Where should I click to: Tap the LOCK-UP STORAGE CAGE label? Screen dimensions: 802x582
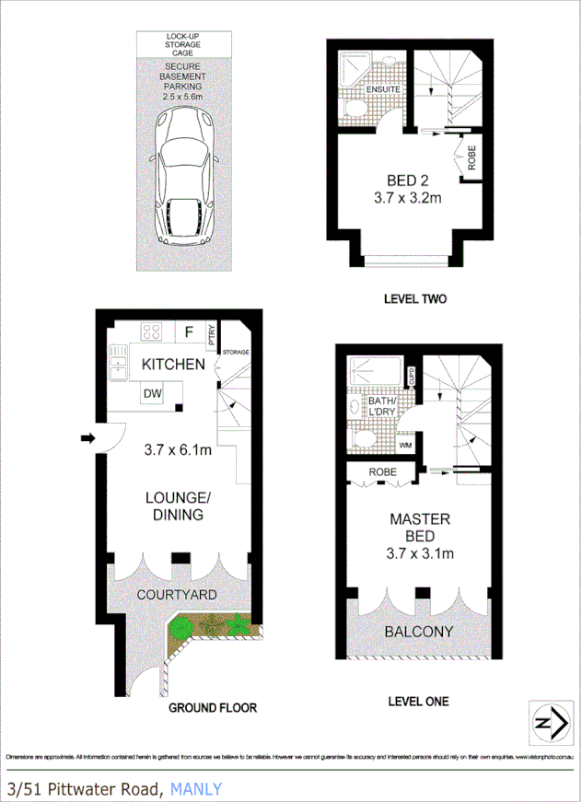[185, 43]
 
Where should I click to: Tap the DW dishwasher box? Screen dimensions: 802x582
[153, 394]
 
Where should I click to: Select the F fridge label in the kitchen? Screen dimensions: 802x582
[189, 331]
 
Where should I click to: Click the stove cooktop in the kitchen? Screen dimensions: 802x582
[152, 331]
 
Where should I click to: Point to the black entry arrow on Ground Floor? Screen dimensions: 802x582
[87, 439]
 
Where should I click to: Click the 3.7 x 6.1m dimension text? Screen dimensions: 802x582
[179, 450]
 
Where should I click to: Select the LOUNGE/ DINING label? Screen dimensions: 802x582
[178, 506]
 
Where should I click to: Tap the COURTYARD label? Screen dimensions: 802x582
[177, 595]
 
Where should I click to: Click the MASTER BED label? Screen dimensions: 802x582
[413, 527]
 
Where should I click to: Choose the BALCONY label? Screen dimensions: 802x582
[420, 632]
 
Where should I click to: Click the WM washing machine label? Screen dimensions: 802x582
[403, 446]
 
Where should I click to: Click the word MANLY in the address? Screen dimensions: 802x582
[195, 788]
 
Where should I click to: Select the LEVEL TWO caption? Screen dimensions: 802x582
[414, 299]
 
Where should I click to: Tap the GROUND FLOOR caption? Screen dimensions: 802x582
[212, 708]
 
